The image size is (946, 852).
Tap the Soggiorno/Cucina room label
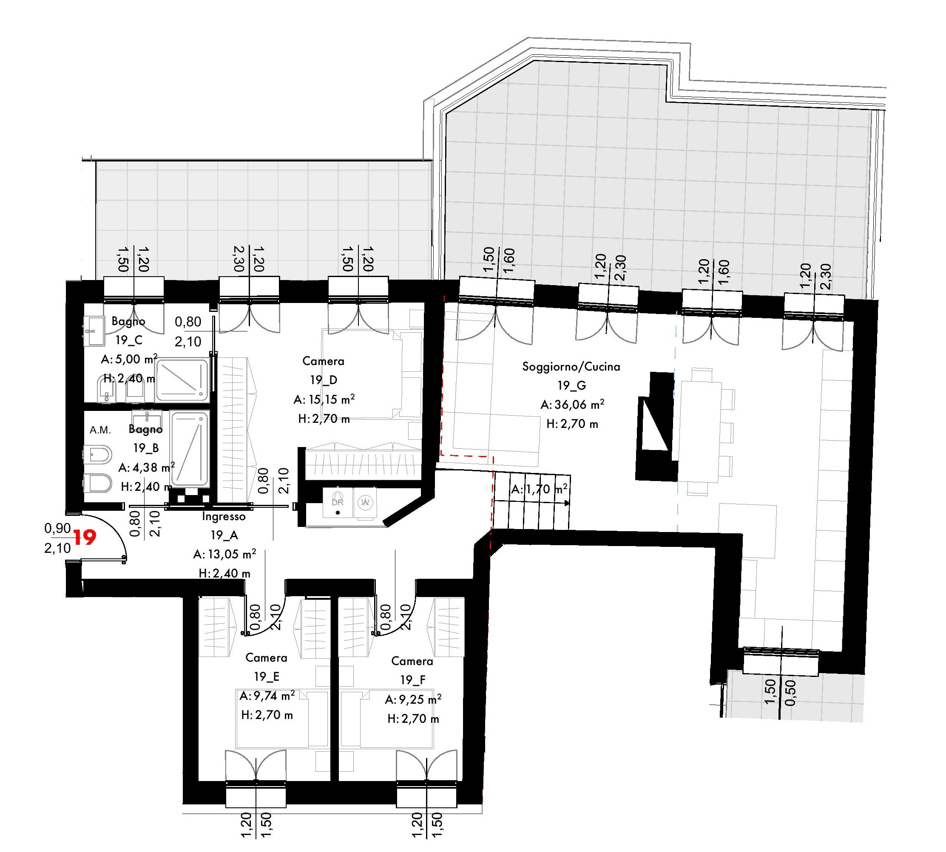coord(571,367)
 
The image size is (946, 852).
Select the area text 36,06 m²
coord(579,404)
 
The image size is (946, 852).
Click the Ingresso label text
coord(224,517)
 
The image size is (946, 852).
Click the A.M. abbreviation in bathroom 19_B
coord(100,430)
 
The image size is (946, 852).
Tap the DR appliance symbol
coord(338,501)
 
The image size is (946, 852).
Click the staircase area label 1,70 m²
coord(546,490)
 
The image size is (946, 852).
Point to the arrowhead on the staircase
coord(568,503)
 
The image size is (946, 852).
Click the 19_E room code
coord(267,677)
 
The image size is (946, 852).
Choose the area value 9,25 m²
coord(420,699)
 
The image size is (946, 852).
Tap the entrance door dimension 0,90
coord(57,528)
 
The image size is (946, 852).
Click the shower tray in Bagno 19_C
coord(182,379)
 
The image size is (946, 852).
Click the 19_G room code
coord(571,385)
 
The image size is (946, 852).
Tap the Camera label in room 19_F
coord(412,661)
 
